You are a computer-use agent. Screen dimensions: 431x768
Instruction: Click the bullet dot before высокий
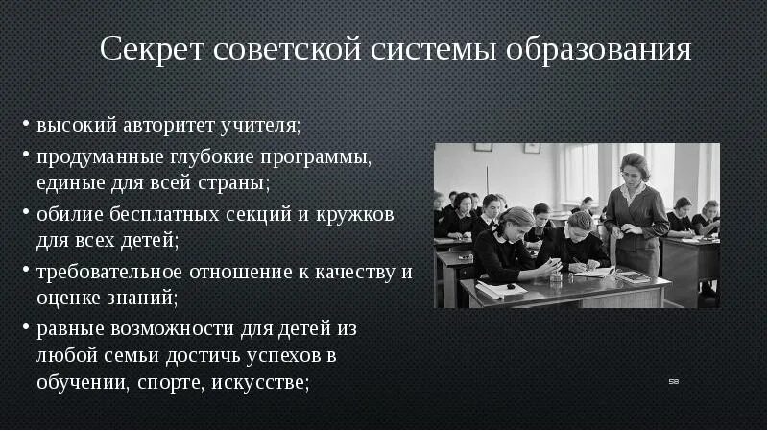click(x=26, y=127)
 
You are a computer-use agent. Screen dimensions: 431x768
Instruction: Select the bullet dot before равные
click(x=26, y=329)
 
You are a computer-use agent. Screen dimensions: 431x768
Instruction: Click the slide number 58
click(x=674, y=382)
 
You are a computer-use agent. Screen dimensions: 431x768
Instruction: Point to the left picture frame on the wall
click(x=483, y=148)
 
